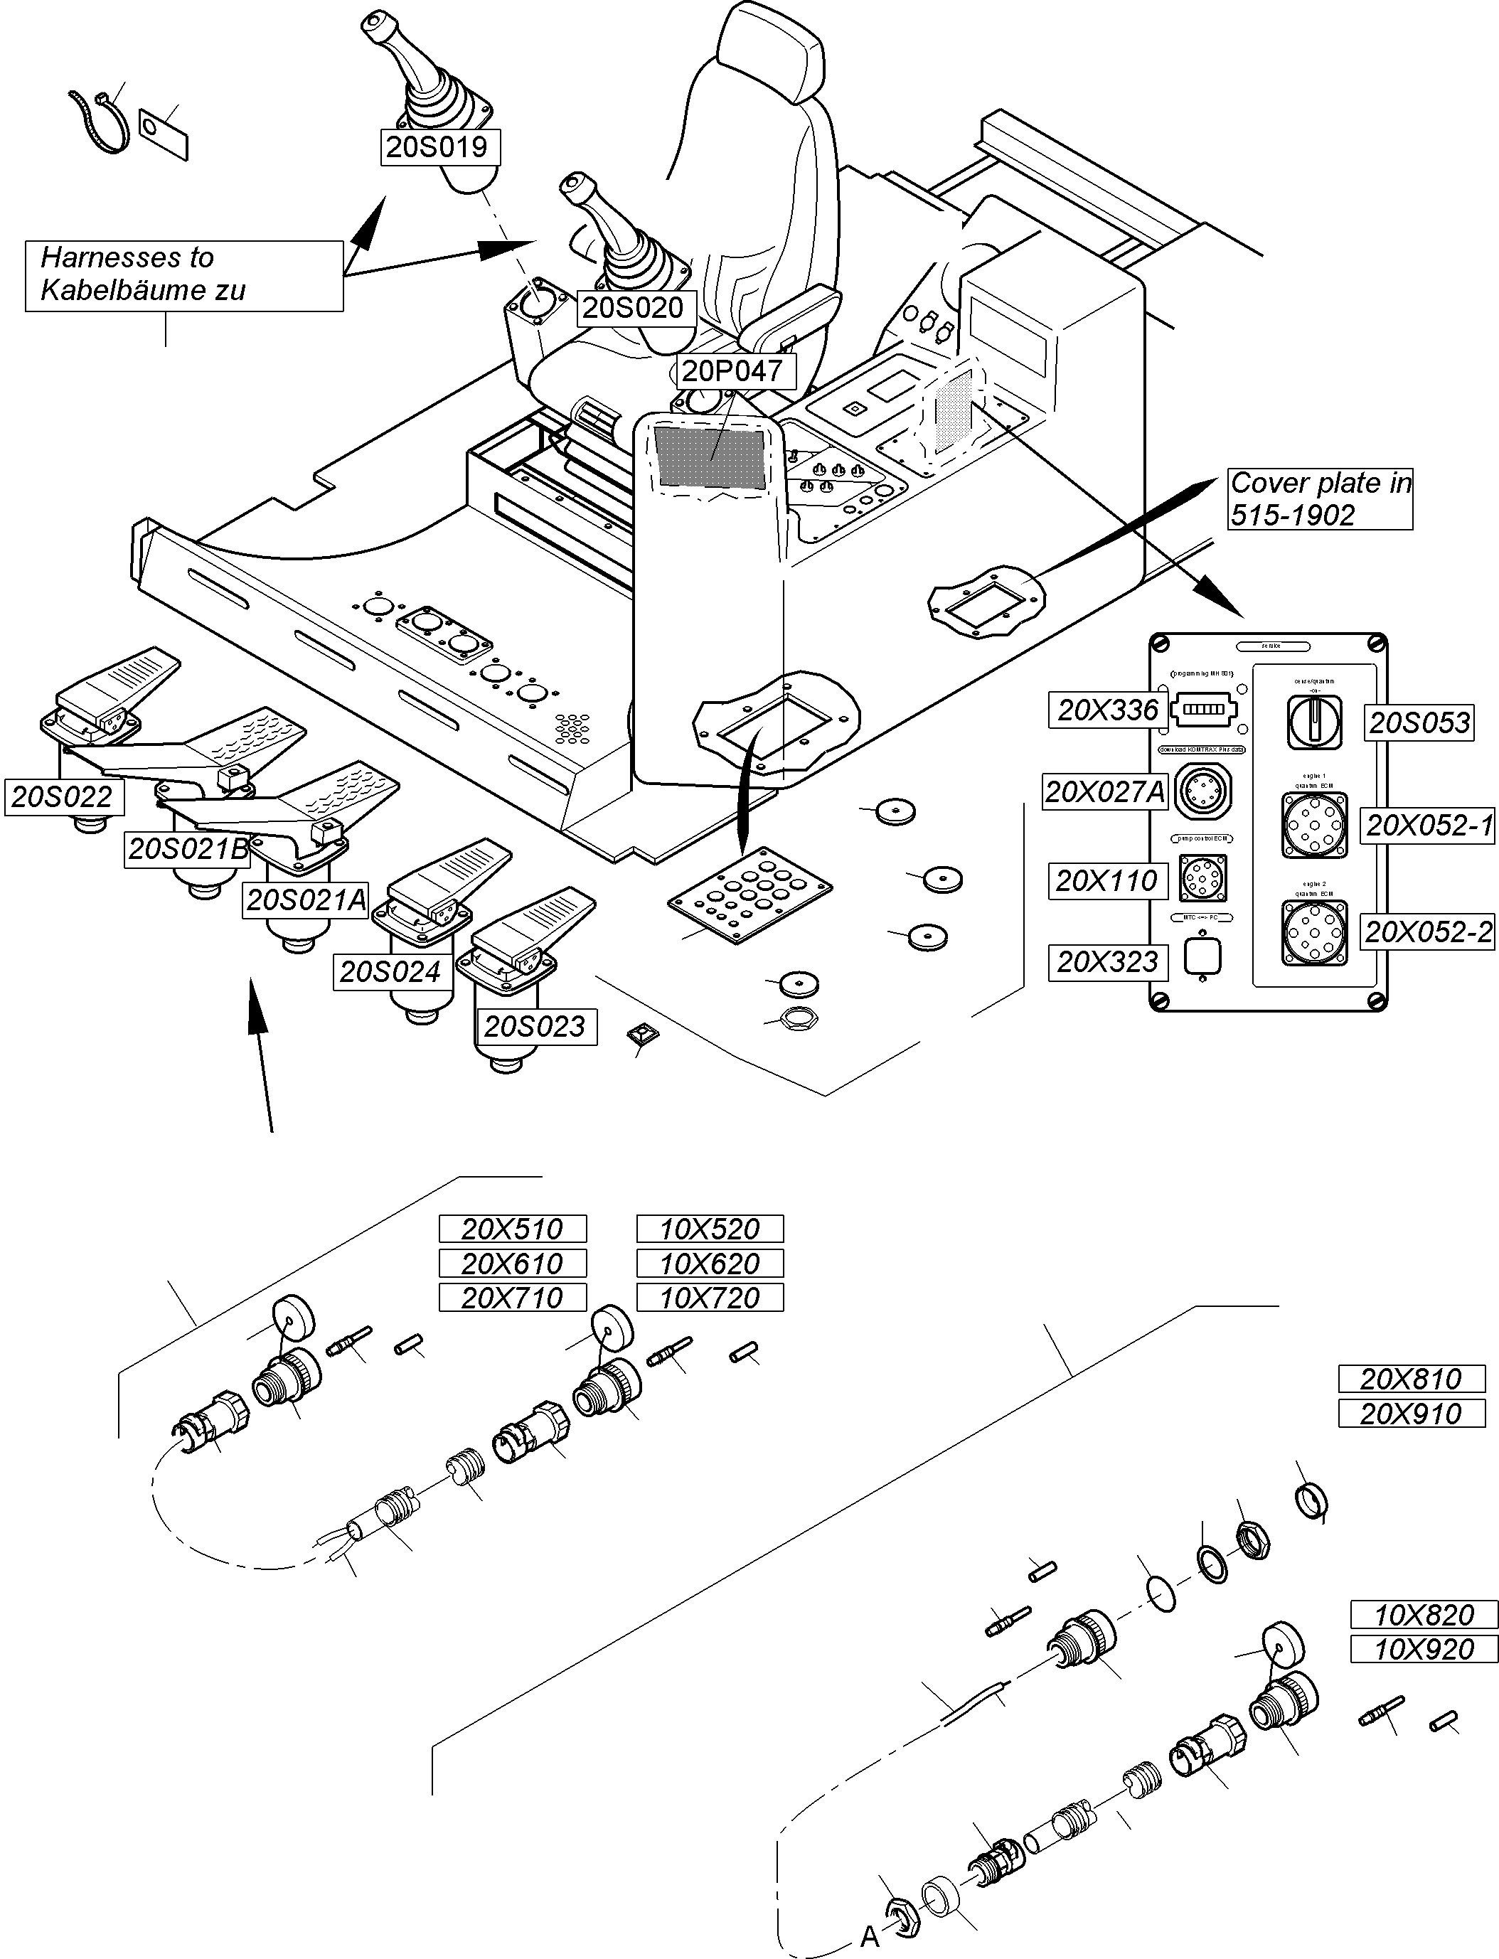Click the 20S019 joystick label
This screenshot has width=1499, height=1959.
[x=437, y=146]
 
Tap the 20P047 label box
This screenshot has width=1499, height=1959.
[x=731, y=370]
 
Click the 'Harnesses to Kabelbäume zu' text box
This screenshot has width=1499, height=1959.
[x=183, y=274]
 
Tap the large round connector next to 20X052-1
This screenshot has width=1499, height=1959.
[x=1314, y=825]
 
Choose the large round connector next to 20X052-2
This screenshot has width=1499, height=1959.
[x=1314, y=933]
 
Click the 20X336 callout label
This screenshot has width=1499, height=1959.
[x=1107, y=710]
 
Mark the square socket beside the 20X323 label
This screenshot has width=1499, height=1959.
[x=1201, y=956]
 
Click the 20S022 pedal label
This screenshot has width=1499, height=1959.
[x=63, y=796]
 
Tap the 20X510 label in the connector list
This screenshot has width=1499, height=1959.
[x=512, y=1229]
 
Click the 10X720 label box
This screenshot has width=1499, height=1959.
[x=710, y=1298]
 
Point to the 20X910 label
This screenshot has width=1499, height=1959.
[x=1411, y=1413]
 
